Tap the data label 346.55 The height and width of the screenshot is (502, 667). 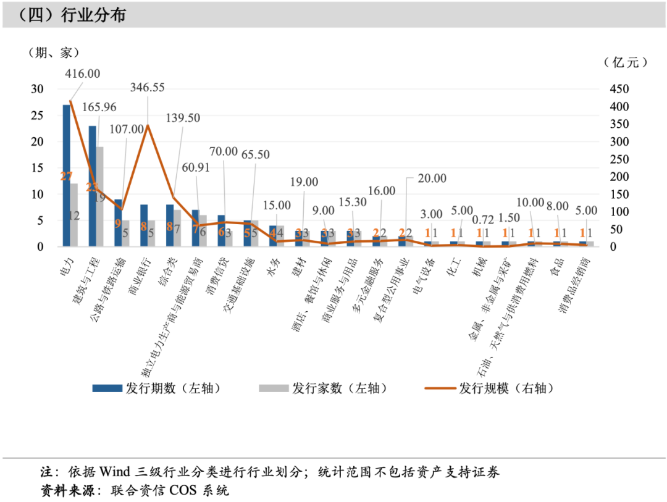[x=147, y=88]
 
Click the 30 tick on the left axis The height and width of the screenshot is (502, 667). [x=38, y=90]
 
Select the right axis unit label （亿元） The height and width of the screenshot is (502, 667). [x=625, y=62]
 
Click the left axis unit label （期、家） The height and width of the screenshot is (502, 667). [x=54, y=52]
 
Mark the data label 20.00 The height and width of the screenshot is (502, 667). [x=430, y=178]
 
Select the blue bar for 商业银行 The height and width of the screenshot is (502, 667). [x=143, y=225]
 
